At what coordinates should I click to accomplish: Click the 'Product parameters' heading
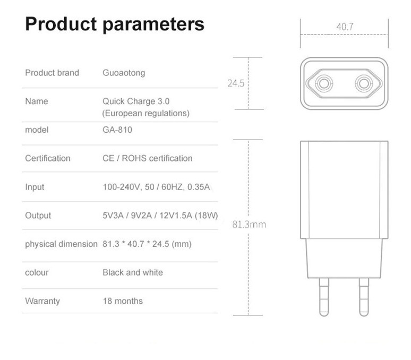[x=115, y=24]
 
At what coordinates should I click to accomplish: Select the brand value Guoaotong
[x=124, y=73]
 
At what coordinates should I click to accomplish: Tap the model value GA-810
[x=117, y=130]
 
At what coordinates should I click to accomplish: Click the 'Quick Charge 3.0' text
[x=136, y=101]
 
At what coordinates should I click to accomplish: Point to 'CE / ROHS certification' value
[x=148, y=158]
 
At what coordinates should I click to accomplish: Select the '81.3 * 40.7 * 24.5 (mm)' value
[x=147, y=244]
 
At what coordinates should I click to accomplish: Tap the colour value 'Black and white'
[x=133, y=272]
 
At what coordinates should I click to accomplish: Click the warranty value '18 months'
[x=123, y=301]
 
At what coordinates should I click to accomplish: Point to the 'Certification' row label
[x=48, y=158]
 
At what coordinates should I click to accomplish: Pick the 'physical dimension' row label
[x=61, y=244]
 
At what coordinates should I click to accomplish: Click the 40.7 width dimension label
[x=345, y=27]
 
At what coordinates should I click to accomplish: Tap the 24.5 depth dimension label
[x=236, y=83]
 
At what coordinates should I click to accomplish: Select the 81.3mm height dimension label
[x=249, y=225]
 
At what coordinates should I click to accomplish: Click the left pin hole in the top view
[x=323, y=83]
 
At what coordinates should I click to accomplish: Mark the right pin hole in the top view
[x=364, y=83]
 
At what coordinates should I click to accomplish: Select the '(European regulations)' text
[x=146, y=113]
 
